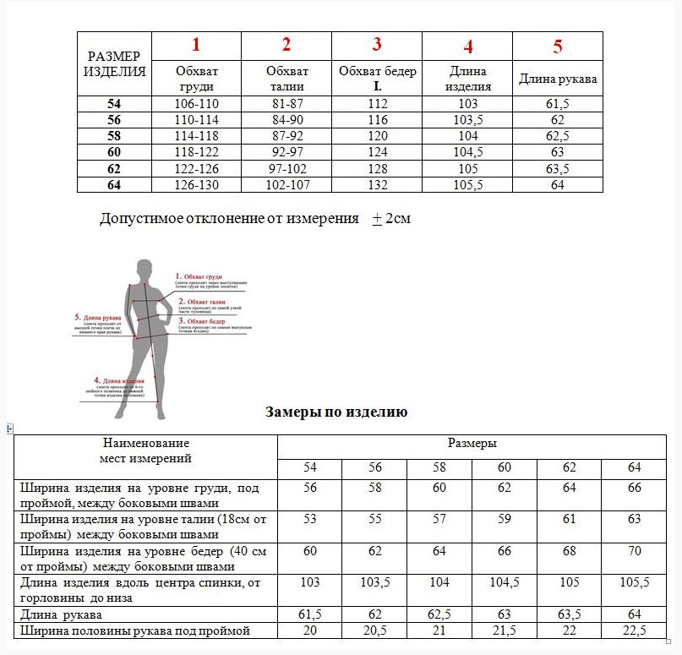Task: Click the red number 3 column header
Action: coord(377,45)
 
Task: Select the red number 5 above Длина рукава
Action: coord(558,46)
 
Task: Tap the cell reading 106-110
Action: coord(196,104)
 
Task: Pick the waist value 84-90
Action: coord(286,120)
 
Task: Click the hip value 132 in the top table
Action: coord(377,185)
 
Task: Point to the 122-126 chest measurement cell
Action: coord(196,168)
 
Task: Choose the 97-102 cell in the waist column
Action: coord(286,168)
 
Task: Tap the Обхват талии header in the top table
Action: coord(286,79)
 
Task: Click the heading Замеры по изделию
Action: coord(336,412)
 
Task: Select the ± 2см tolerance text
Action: coord(391,219)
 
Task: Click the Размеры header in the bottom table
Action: coord(472,443)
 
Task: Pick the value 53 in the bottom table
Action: coord(310,518)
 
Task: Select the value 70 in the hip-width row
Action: coord(635,551)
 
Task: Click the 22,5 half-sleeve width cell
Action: coord(635,630)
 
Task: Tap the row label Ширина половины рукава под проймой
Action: coord(135,630)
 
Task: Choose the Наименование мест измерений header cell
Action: coord(146,450)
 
